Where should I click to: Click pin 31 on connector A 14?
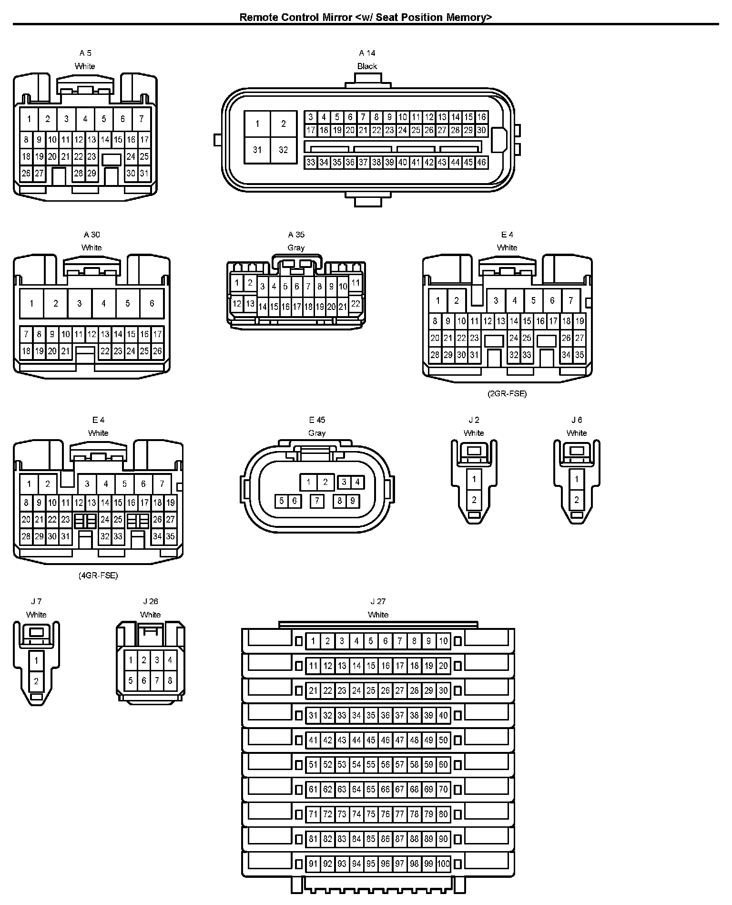(257, 150)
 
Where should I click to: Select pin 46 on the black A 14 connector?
(481, 163)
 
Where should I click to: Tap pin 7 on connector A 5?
(141, 119)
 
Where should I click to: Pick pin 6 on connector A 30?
(152, 303)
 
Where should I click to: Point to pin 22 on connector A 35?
(355, 304)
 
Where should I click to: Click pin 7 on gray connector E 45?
(317, 501)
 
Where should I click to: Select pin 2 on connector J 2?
(474, 500)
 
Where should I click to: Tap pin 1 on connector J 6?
(577, 479)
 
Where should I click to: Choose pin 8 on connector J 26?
(170, 680)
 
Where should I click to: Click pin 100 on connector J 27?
(443, 864)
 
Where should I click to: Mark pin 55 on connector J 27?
(371, 765)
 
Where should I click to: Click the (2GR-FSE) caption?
(507, 394)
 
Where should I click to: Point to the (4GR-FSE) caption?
(98, 576)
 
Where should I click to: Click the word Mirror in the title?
(337, 18)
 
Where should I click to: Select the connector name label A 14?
(367, 53)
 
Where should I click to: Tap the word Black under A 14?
(367, 66)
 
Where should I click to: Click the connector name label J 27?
(378, 602)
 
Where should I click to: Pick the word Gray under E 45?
(317, 433)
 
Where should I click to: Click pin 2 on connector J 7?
(36, 681)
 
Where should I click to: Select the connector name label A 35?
(296, 235)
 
